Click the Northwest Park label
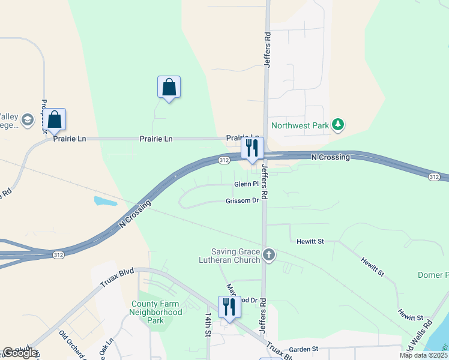point(300,125)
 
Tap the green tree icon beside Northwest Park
point(339,125)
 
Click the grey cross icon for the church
point(269,256)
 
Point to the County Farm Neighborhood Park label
point(157,313)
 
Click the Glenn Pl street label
point(246,184)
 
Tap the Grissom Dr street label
point(243,201)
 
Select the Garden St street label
point(303,349)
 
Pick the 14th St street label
point(208,324)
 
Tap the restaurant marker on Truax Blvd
point(229,308)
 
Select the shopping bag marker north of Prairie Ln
point(169,88)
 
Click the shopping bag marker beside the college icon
point(54,120)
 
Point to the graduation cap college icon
point(27,121)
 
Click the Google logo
point(19,353)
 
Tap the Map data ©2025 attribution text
point(423,355)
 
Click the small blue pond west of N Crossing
point(106,201)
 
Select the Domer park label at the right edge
point(433,275)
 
